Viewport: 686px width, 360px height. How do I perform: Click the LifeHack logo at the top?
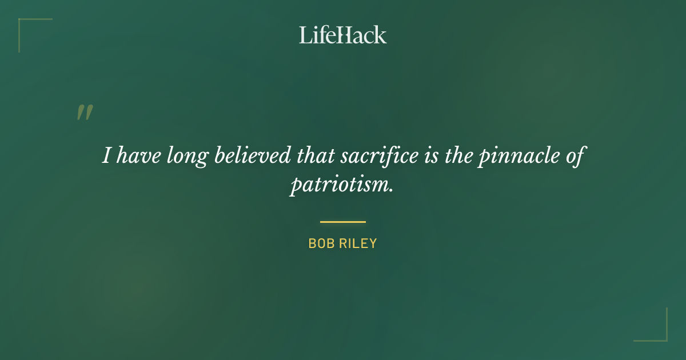343,35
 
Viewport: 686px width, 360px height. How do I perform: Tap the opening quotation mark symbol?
85,113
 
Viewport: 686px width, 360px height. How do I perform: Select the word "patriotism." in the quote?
342,186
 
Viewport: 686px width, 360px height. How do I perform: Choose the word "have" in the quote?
138,155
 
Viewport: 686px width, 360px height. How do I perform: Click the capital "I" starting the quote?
107,155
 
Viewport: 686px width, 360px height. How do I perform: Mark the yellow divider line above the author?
343,222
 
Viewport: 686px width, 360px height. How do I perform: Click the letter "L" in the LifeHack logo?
305,35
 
